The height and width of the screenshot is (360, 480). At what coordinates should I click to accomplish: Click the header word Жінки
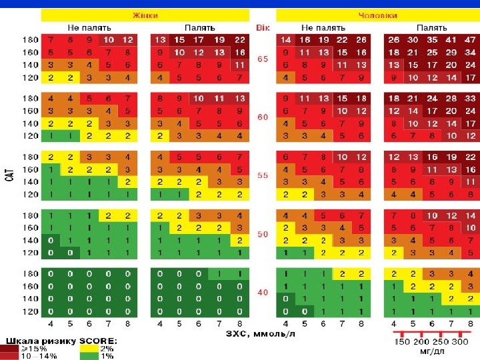(x=145, y=15)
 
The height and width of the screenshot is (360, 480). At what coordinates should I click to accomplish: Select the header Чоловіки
(x=378, y=15)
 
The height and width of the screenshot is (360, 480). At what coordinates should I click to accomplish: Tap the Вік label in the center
(x=263, y=28)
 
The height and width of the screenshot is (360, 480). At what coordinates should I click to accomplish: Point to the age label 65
(x=263, y=59)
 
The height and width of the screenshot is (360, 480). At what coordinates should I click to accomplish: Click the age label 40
(x=263, y=293)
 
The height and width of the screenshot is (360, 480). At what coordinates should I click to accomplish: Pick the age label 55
(x=263, y=175)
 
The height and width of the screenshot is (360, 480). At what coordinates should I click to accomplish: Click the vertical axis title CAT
(x=9, y=175)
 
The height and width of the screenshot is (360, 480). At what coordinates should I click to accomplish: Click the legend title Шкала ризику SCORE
(x=63, y=341)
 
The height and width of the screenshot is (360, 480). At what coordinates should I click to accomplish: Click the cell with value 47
(x=471, y=39)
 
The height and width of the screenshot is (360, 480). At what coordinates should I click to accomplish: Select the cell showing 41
(x=452, y=39)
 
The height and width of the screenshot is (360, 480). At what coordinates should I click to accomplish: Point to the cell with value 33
(x=471, y=98)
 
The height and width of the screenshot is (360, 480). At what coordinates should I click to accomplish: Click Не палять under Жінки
(x=88, y=28)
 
